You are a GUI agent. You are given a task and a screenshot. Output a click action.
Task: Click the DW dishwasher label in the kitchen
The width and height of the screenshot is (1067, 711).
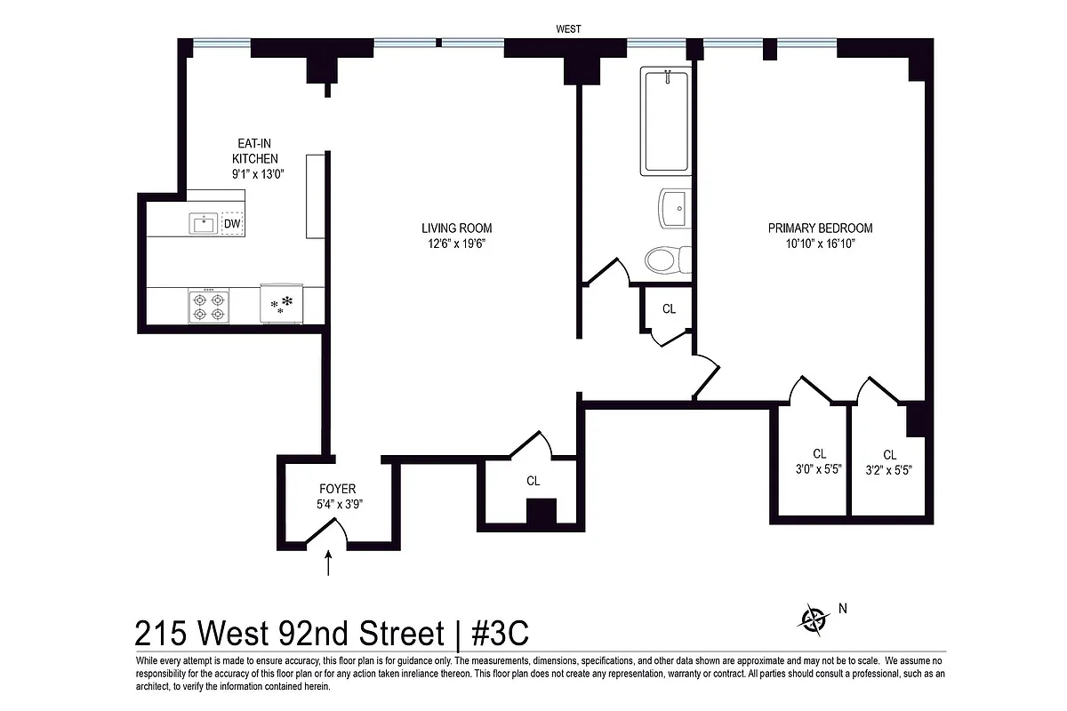pos(231,223)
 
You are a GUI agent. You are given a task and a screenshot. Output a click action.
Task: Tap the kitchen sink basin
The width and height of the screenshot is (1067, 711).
pos(204,223)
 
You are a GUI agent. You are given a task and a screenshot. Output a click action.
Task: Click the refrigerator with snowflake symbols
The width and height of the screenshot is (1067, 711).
pos(283,306)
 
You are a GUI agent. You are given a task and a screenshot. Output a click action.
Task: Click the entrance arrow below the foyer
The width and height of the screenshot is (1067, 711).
pos(330,563)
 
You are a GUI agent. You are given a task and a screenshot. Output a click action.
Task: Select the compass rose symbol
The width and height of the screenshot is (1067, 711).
pos(813,619)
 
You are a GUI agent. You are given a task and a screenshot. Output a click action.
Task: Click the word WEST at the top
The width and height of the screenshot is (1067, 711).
pos(568,29)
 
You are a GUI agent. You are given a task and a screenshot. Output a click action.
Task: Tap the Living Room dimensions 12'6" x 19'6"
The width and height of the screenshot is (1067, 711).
pos(457,244)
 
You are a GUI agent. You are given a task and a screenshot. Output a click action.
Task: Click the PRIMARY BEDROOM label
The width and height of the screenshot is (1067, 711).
pos(820,228)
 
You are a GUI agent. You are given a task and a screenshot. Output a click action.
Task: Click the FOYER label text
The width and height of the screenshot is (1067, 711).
pos(337,489)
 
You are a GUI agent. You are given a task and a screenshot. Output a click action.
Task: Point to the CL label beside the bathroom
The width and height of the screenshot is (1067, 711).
pos(669,309)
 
